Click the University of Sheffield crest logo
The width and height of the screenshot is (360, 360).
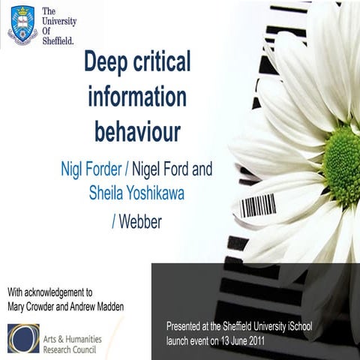pos(22,25)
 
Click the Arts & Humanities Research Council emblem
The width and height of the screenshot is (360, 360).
pos(23,337)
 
